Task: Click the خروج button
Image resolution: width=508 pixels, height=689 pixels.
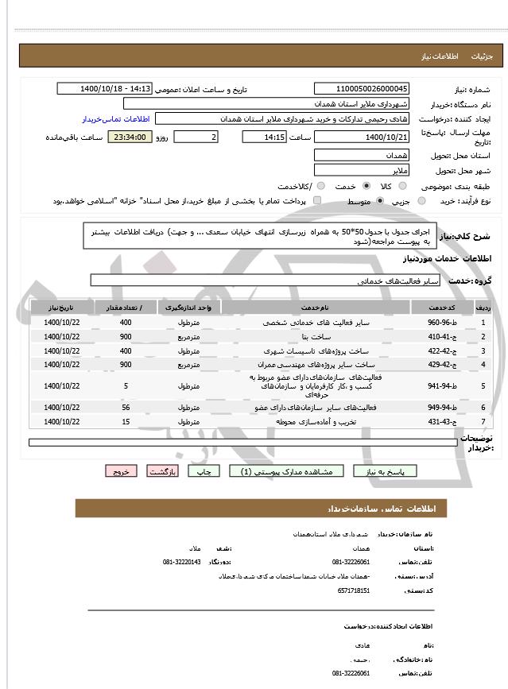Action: (x=121, y=471)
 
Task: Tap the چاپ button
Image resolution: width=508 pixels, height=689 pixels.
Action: (x=204, y=471)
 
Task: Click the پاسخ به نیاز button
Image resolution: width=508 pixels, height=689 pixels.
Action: (x=385, y=471)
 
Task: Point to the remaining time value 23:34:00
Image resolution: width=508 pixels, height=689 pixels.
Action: (x=129, y=137)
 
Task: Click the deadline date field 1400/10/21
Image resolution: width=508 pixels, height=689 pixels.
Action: (x=362, y=137)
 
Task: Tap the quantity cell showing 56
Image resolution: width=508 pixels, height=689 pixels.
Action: (x=126, y=407)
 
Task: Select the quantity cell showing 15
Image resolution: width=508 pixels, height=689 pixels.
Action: (x=126, y=420)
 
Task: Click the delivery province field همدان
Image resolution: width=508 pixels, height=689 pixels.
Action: (x=362, y=155)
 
